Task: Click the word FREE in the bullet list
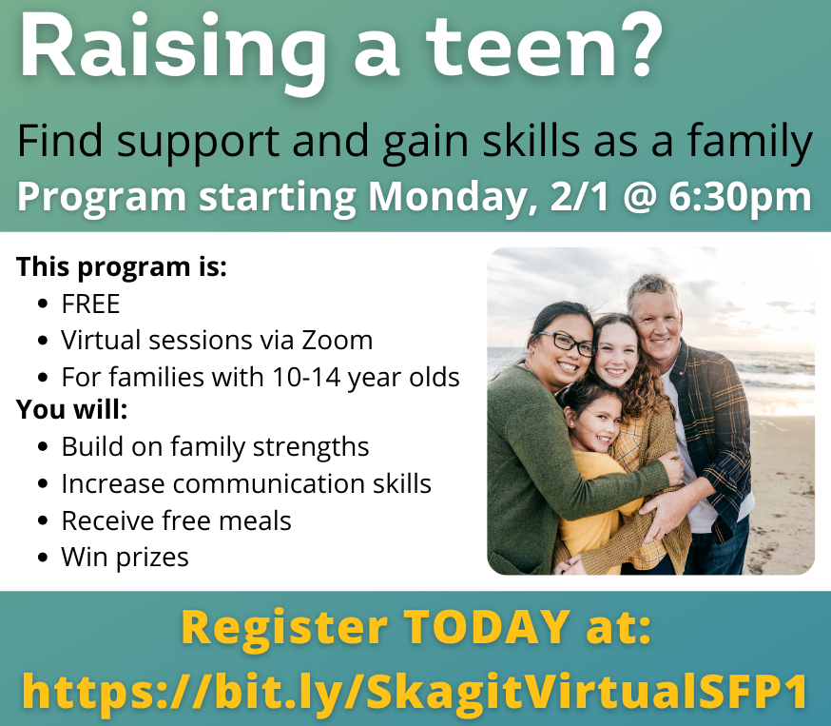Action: pyautogui.click(x=90, y=304)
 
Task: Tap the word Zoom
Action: pyautogui.click(x=338, y=341)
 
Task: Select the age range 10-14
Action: pyautogui.click(x=306, y=378)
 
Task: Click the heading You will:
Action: pyautogui.click(x=72, y=409)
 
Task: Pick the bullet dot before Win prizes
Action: pyautogui.click(x=43, y=558)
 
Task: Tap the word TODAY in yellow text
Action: pyautogui.click(x=487, y=627)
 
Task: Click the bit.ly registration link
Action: pyautogui.click(x=415, y=691)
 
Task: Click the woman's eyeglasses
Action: pyautogui.click(x=567, y=343)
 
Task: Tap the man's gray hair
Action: pyautogui.click(x=651, y=289)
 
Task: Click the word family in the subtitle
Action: pyautogui.click(x=749, y=143)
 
